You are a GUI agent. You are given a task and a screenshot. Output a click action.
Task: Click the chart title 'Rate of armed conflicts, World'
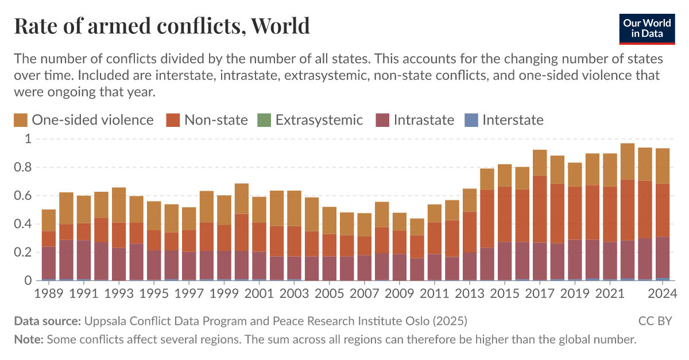click(x=161, y=26)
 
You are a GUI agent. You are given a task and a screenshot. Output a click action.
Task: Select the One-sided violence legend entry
click(x=84, y=120)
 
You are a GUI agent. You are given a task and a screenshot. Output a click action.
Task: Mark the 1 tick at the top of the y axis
click(x=27, y=139)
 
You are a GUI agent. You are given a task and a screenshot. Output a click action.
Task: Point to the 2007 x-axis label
click(x=364, y=294)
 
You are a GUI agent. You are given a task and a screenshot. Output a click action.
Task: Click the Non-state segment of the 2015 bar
click(x=505, y=214)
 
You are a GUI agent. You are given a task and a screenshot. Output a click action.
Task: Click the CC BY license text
click(x=655, y=320)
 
